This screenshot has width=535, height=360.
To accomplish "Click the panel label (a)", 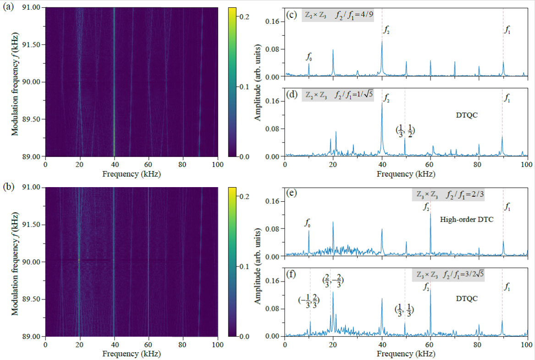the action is click(x=8, y=7).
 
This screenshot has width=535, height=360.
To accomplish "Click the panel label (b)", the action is click(x=8, y=187).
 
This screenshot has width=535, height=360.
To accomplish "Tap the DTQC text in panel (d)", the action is click(x=466, y=115).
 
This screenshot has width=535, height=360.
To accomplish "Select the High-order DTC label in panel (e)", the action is click(x=466, y=219).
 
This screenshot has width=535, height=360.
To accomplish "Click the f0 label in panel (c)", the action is click(x=309, y=57).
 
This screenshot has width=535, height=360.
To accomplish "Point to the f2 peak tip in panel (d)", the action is click(x=382, y=102).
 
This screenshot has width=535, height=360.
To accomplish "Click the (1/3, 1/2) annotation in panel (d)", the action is click(x=405, y=131).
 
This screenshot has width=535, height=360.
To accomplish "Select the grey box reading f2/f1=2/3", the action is click(x=448, y=194).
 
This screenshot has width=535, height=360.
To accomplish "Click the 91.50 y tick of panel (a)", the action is click(x=32, y=44).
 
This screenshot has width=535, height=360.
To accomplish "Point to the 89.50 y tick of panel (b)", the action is click(x=32, y=299).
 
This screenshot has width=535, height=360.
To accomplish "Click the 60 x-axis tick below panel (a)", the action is click(x=148, y=165).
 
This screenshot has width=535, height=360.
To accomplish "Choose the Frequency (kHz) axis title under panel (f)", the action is click(x=406, y=354).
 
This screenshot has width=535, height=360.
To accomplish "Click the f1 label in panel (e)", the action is click(x=507, y=207).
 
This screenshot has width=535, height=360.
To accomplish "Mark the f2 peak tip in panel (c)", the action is click(x=382, y=41).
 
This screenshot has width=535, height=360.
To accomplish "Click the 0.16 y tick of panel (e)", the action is click(x=272, y=201).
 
